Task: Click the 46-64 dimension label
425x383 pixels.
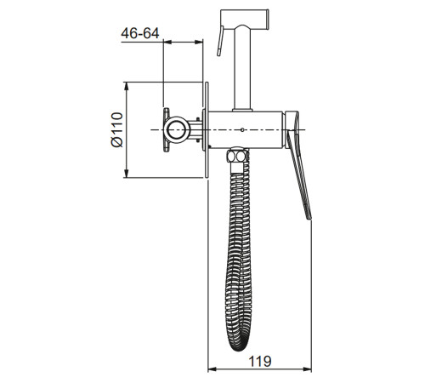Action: tap(140, 33)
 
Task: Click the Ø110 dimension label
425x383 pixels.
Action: tap(117, 130)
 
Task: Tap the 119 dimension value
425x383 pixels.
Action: tap(260, 362)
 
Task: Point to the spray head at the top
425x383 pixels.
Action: tap(245, 20)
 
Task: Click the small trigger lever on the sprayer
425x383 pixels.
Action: tap(220, 41)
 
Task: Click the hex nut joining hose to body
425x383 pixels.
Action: tap(237, 155)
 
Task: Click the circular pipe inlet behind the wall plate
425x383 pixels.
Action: tap(176, 129)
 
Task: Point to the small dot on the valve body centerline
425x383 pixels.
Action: tap(242, 129)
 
